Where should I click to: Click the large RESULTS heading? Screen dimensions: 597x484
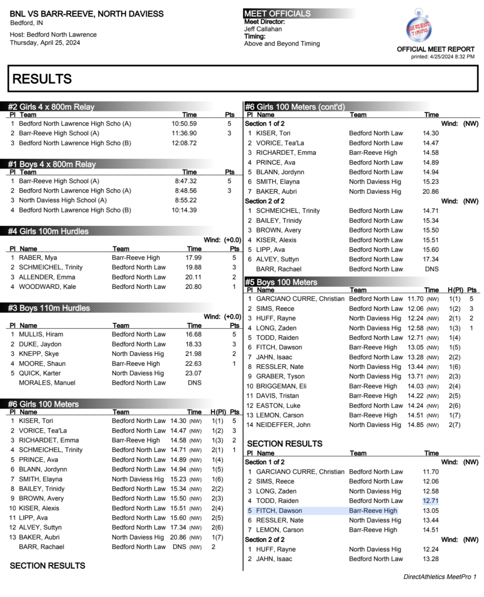point(42,79)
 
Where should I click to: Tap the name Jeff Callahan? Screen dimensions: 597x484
point(263,29)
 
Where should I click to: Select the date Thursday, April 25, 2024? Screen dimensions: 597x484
point(45,43)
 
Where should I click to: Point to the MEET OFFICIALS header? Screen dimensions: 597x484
point(277,14)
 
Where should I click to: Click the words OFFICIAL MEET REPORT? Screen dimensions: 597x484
point(435,49)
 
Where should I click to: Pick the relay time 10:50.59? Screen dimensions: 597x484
point(184,124)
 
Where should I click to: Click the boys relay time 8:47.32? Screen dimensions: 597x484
point(186,181)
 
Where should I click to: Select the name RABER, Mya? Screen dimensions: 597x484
point(38,258)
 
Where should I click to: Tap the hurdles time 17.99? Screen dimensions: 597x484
point(193,258)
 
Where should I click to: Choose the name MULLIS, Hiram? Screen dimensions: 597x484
point(41,335)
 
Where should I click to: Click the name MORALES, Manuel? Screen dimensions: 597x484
point(47,383)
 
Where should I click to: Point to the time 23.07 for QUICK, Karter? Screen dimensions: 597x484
point(193,373)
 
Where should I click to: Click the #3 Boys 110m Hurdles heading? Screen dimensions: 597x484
point(49,308)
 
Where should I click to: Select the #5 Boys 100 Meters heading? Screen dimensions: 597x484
point(281,282)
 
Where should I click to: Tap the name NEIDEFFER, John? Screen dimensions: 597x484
point(283,425)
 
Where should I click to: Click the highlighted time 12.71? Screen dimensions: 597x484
point(430,501)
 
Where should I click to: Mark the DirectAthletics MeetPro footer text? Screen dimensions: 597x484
point(440,577)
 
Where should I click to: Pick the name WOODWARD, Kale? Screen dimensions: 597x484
point(48,287)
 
